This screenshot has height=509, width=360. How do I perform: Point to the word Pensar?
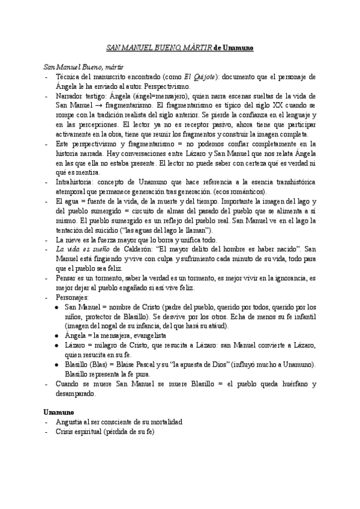coord(68,279)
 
